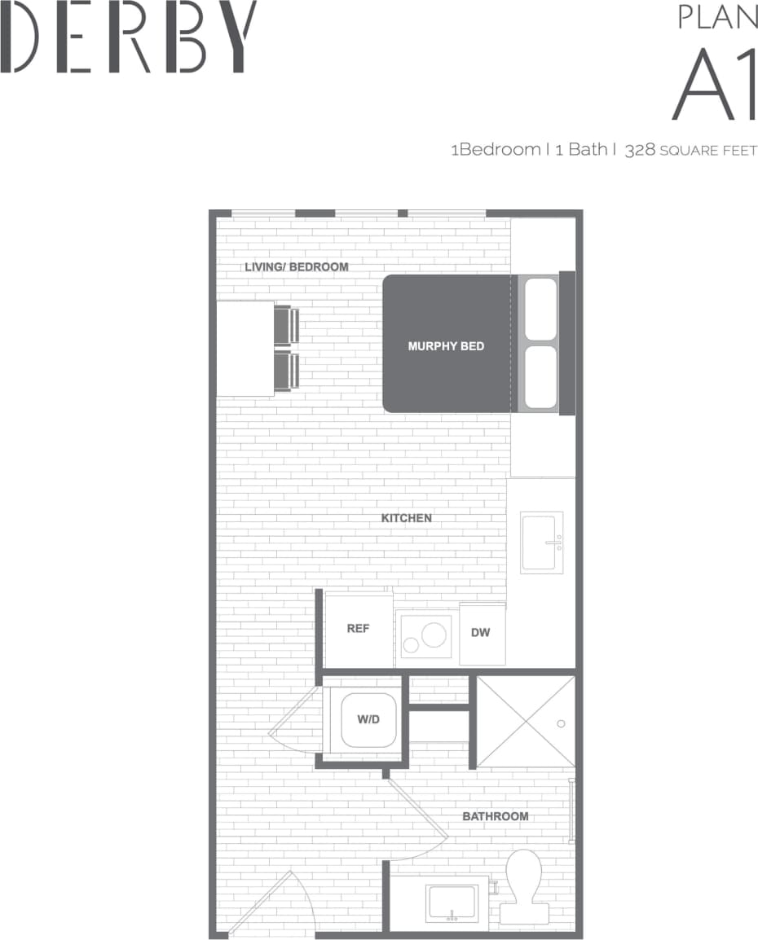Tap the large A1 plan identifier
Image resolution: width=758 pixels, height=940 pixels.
(715, 85)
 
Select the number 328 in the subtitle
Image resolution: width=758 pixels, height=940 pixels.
(639, 150)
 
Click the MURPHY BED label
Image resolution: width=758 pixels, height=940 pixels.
(446, 346)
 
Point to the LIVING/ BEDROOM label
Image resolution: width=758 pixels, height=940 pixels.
(297, 267)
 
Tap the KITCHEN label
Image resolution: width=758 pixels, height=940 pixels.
(406, 518)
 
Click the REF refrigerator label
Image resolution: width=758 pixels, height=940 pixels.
(358, 629)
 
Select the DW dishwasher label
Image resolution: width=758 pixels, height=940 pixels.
(481, 633)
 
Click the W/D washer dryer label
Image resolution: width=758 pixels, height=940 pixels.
(368, 719)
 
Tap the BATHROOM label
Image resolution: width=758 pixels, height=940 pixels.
(495, 816)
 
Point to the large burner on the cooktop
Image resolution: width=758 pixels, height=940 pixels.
(434, 632)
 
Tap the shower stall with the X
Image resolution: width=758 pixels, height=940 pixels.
(525, 722)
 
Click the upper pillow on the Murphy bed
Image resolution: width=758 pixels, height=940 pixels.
(540, 310)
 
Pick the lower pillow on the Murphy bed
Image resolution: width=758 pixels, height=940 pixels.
(540, 377)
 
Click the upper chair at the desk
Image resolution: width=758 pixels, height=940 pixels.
(286, 324)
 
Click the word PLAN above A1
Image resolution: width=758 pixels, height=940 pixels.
(718, 17)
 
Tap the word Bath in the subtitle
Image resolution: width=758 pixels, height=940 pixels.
(587, 150)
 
